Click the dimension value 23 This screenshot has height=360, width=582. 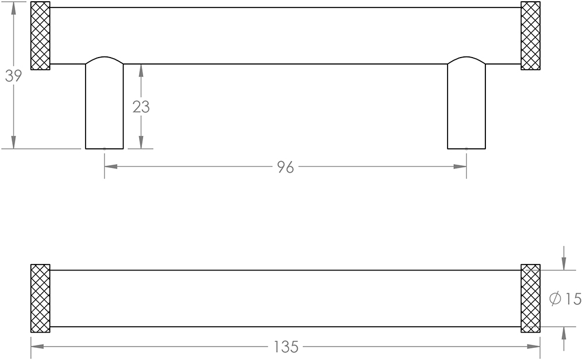click(141, 107)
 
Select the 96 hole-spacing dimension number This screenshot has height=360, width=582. click(285, 167)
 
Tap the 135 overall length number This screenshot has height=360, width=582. click(285, 347)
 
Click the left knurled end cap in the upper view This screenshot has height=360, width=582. click(40, 35)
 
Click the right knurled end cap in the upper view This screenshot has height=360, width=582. click(531, 35)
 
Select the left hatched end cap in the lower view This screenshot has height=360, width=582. click(40, 298)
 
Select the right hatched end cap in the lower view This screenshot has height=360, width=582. click(531, 298)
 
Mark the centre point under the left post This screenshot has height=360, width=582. click(104, 149)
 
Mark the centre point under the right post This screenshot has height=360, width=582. click(466, 149)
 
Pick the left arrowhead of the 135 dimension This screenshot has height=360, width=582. click(37, 347)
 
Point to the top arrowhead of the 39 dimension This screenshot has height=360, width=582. click(13, 8)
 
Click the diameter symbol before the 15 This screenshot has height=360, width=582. click(555, 299)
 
